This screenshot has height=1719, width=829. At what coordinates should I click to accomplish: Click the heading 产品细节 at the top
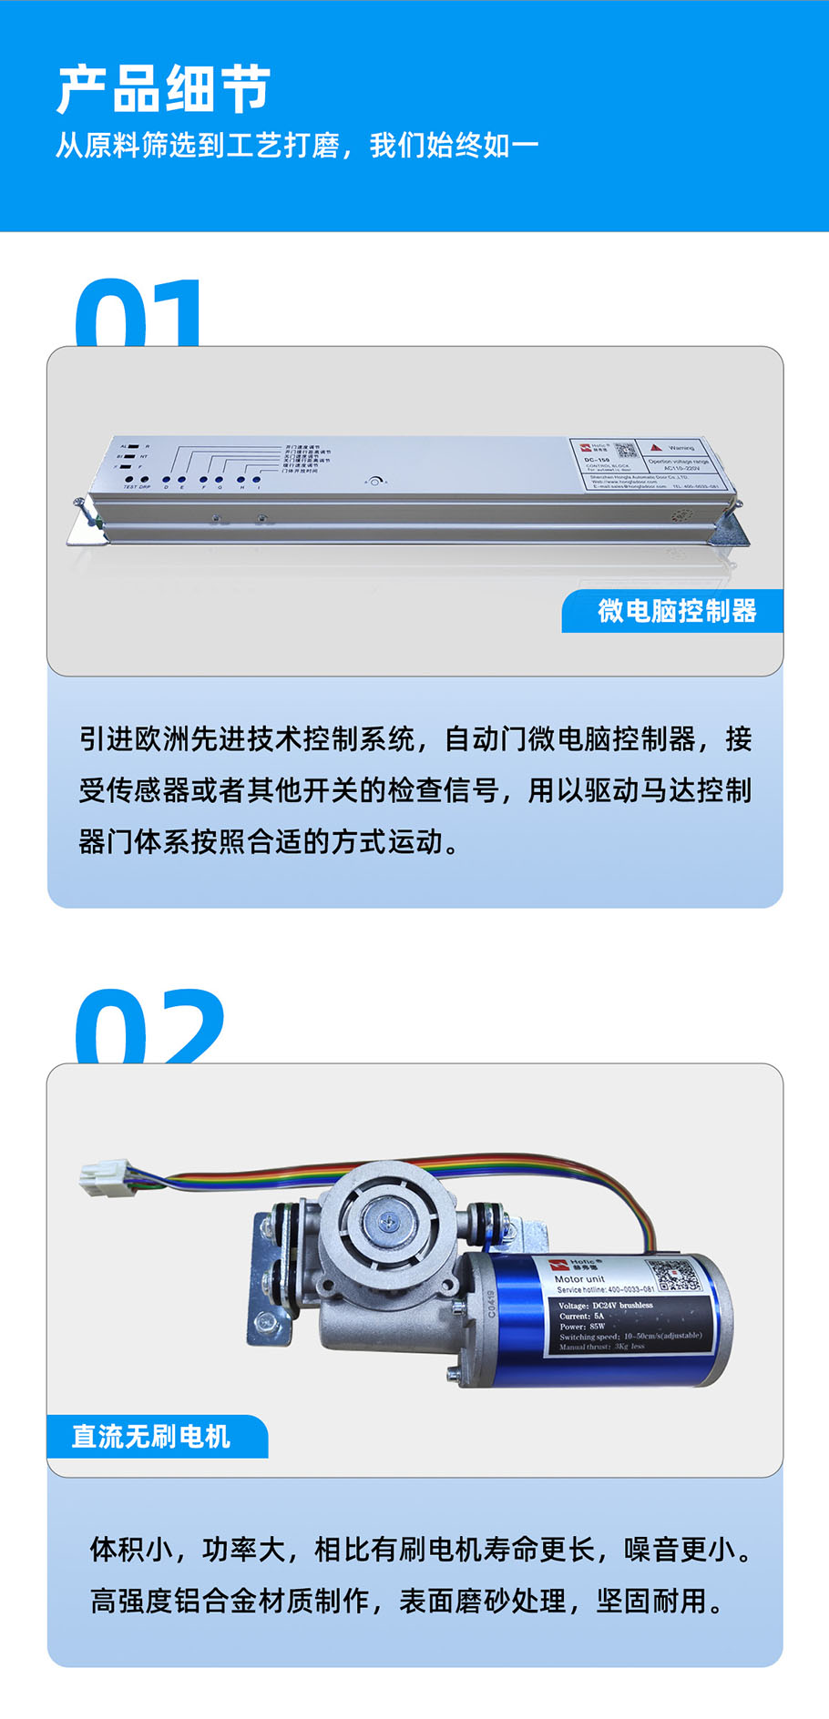pyautogui.click(x=164, y=90)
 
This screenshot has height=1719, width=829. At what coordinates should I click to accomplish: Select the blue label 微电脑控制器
pyautogui.click(x=676, y=611)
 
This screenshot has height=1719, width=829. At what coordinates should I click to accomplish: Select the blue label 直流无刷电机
pyautogui.click(x=151, y=1436)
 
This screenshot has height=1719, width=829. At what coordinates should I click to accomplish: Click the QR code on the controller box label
pyautogui.click(x=624, y=451)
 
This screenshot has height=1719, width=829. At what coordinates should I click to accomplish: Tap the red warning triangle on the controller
pyautogui.click(x=655, y=447)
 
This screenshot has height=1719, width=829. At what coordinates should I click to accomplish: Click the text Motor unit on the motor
pyautogui.click(x=579, y=1278)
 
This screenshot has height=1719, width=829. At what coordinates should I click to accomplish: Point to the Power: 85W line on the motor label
pyautogui.click(x=582, y=1326)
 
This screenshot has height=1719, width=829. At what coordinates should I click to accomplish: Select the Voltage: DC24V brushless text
pyautogui.click(x=605, y=1305)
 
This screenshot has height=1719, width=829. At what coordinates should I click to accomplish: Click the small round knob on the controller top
pyautogui.click(x=374, y=481)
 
